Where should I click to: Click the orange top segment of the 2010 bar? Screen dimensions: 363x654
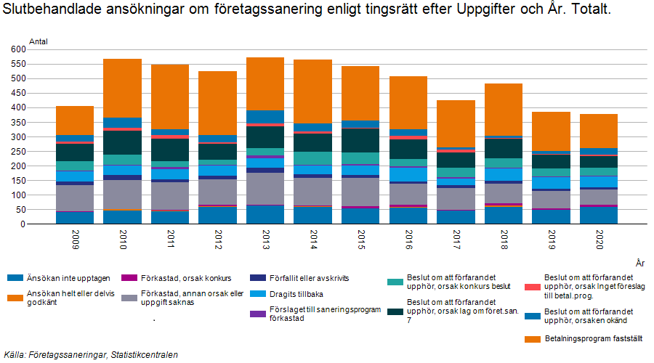click(121, 88)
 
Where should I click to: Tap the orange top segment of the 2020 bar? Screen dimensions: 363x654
click(599, 131)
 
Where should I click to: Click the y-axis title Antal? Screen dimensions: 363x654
click(39, 41)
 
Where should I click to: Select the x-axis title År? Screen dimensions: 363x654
click(639, 263)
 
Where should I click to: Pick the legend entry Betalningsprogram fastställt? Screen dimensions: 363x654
click(589, 338)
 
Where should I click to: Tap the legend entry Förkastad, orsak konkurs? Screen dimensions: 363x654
click(185, 277)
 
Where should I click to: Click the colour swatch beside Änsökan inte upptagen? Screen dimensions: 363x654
click(15, 277)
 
